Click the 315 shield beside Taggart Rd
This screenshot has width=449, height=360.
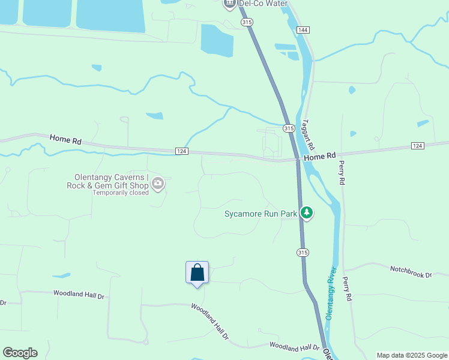[289, 128]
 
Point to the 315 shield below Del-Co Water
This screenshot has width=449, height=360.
[247, 22]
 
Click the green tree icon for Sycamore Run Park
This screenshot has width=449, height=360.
[307, 212]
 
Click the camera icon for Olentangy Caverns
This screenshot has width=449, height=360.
[158, 184]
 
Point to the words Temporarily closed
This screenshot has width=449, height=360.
[120, 193]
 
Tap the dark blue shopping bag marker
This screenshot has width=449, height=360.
[197, 273]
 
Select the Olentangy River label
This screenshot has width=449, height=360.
[331, 293]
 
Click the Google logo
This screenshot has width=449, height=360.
[20, 353]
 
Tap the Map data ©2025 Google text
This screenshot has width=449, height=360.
[412, 355]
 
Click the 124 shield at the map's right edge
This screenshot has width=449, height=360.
[418, 146]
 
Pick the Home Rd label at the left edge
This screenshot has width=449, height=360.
[65, 139]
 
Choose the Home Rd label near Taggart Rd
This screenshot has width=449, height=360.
[319, 157]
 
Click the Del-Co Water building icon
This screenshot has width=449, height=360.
[229, 4]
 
